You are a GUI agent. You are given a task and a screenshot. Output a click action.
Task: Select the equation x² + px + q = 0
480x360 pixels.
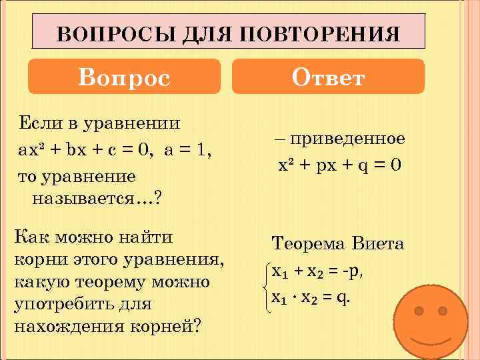pyautogui.click(x=339, y=165)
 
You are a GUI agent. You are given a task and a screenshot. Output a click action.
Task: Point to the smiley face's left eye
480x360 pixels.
pyautogui.click(x=419, y=311)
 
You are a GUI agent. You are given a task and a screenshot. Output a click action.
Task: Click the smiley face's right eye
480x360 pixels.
pyautogui.click(x=442, y=311)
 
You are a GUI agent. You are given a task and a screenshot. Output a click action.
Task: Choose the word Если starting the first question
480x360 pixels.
pyautogui.click(x=37, y=123)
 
